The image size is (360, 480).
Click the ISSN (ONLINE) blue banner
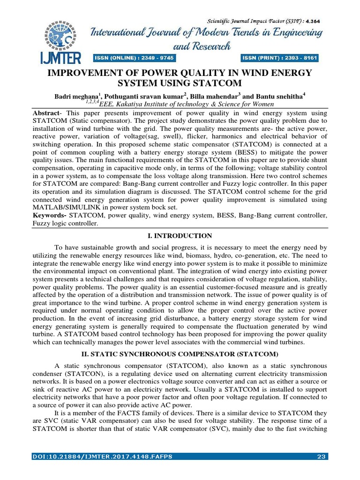click(134, 58)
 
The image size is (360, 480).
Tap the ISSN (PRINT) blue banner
click(280, 58)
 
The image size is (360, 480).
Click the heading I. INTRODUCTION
click(180, 236)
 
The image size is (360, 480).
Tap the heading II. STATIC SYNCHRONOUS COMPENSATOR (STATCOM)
click(180, 353)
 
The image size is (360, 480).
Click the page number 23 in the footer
click(322, 456)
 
